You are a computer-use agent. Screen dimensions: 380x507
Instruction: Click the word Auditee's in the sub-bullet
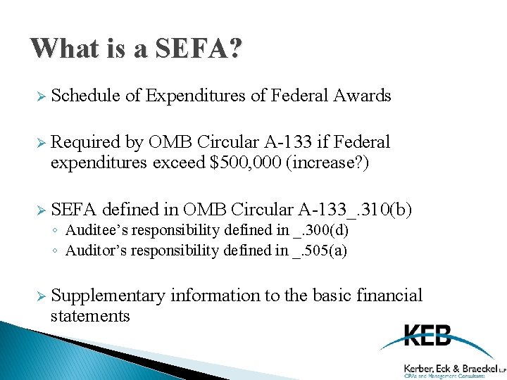click(x=96, y=230)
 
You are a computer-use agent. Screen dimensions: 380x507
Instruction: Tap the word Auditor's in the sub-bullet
click(x=95, y=250)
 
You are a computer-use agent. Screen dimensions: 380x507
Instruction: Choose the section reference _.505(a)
click(x=320, y=250)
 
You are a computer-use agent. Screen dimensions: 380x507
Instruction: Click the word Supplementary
click(x=108, y=296)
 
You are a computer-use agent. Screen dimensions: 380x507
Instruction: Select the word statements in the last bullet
click(x=90, y=316)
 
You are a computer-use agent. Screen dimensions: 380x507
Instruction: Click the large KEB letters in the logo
click(x=427, y=336)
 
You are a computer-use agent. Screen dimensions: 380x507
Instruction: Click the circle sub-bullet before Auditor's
click(x=57, y=251)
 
